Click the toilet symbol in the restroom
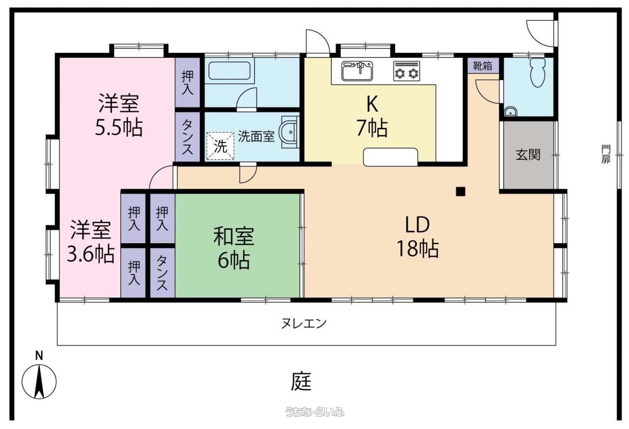click(x=538, y=72)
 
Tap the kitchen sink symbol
click(x=357, y=71)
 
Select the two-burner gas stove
click(x=406, y=71)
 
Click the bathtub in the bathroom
click(x=229, y=70)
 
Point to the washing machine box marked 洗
click(x=221, y=146)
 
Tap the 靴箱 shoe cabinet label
click(x=483, y=66)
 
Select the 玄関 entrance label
click(x=528, y=154)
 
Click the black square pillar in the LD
click(x=460, y=192)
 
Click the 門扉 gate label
click(x=606, y=154)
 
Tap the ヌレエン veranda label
click(x=304, y=323)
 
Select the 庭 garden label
click(x=301, y=381)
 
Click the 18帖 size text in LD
click(x=418, y=249)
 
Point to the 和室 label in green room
click(x=234, y=236)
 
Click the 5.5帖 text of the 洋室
click(x=119, y=128)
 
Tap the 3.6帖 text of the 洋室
click(x=91, y=254)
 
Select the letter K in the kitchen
click(x=372, y=104)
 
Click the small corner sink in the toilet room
click(x=510, y=112)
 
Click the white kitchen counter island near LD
click(x=391, y=157)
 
